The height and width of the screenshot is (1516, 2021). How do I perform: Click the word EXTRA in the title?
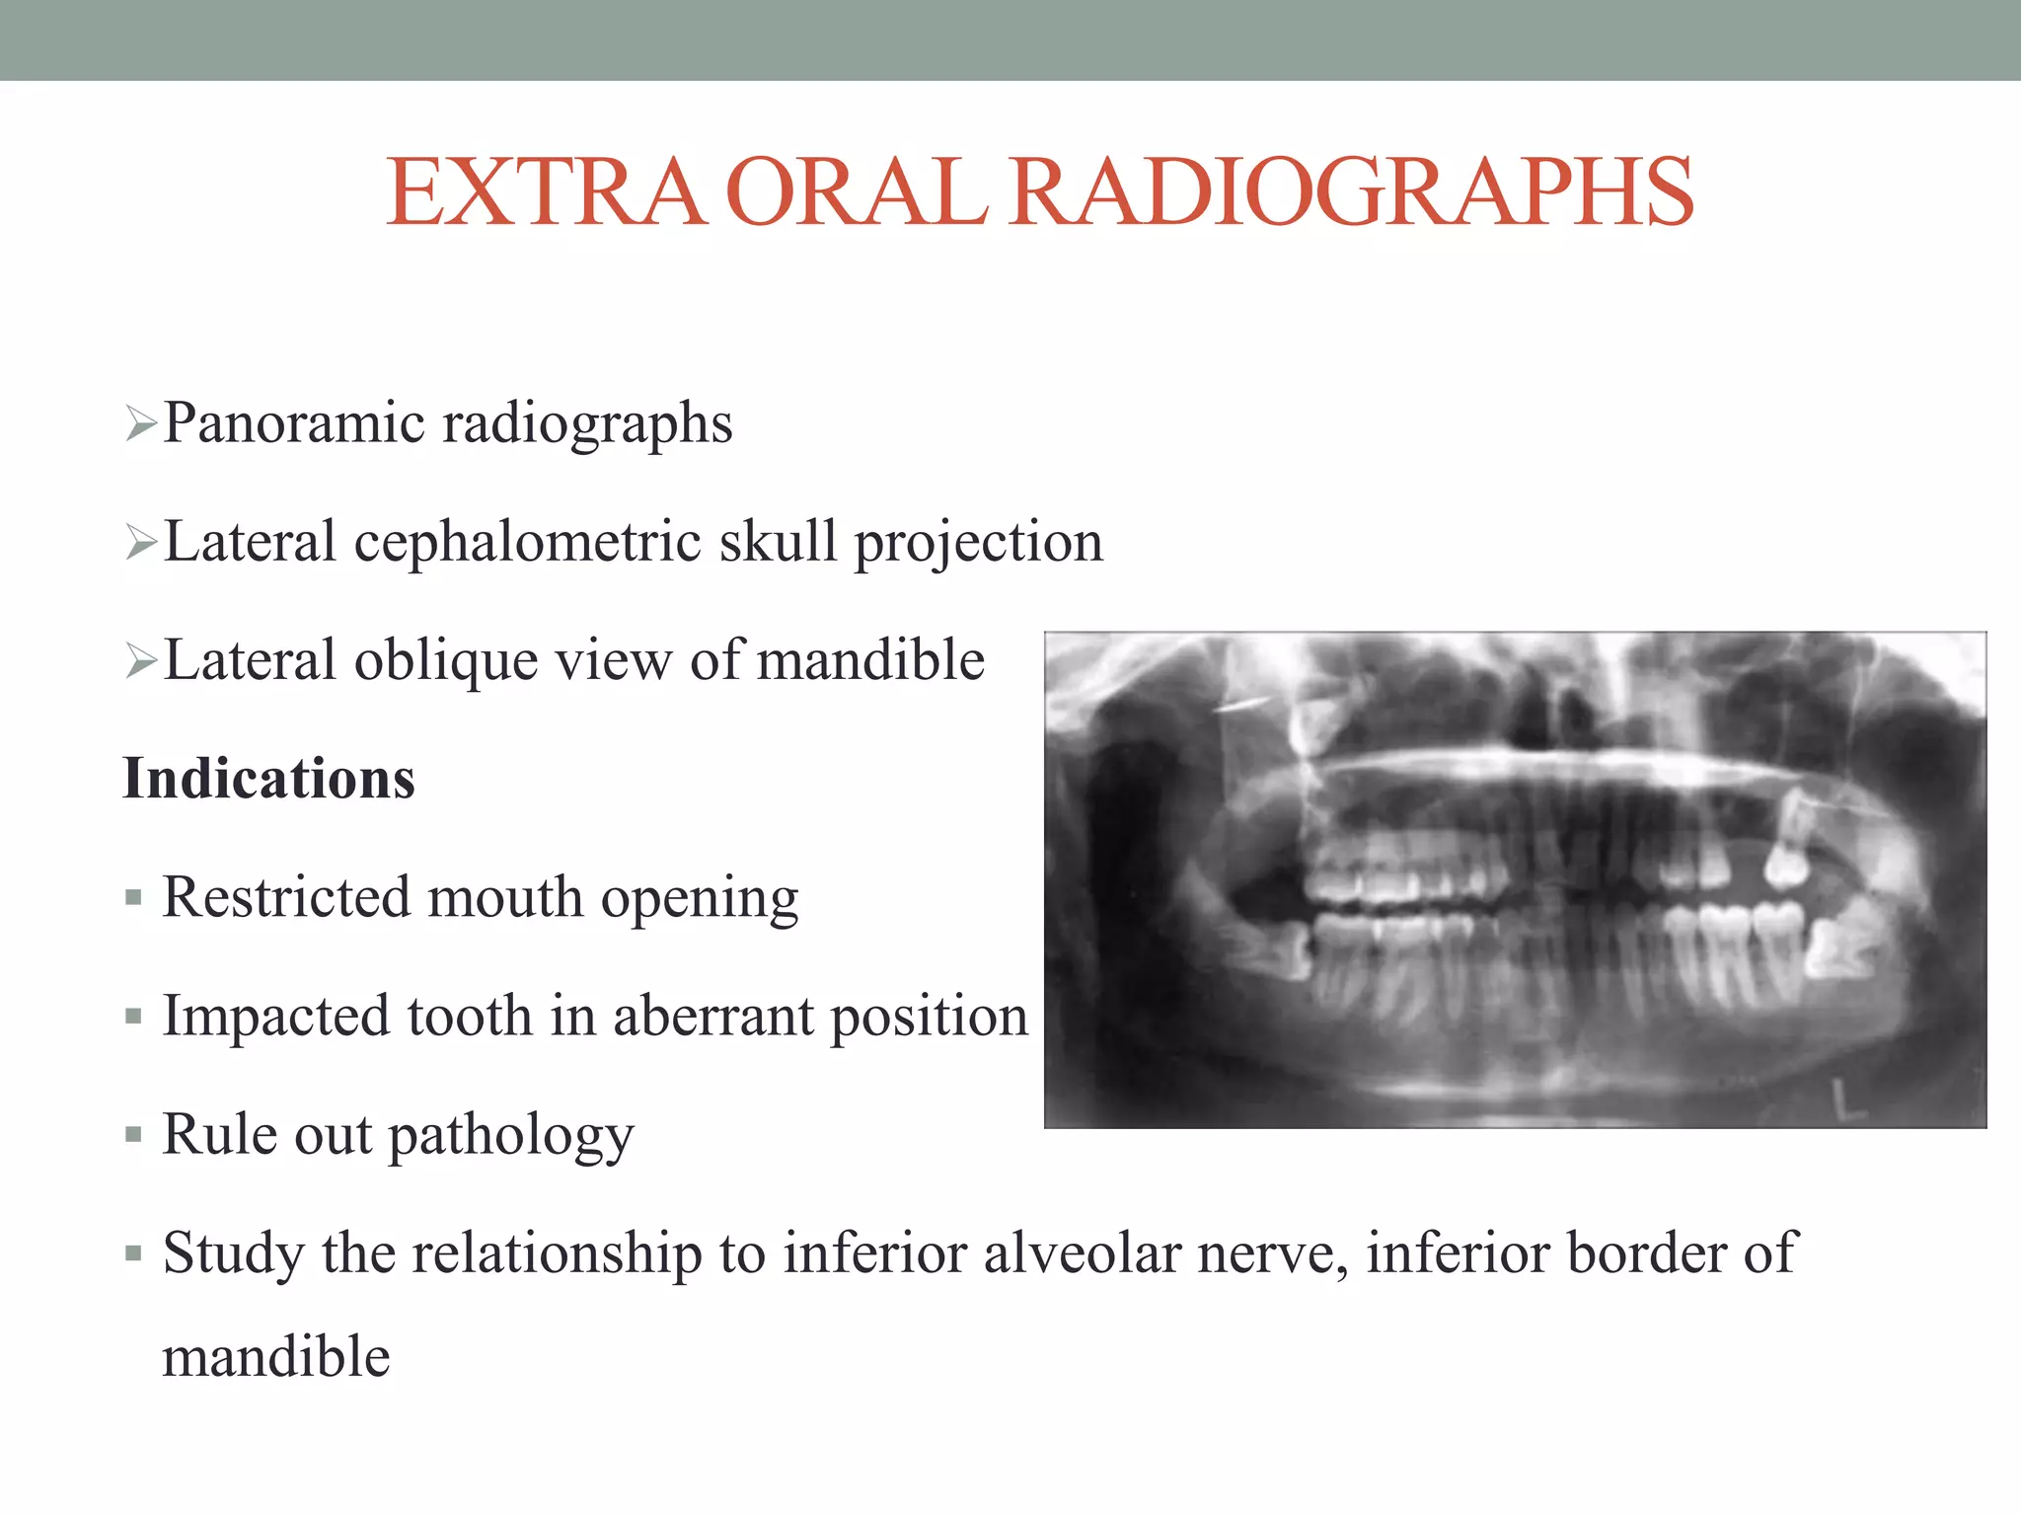pyautogui.click(x=546, y=192)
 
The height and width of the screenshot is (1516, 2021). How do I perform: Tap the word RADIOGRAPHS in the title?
pyautogui.click(x=1351, y=192)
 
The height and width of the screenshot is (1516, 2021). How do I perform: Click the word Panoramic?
pyautogui.click(x=293, y=423)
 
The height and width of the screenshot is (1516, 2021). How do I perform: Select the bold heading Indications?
pyautogui.click(x=268, y=779)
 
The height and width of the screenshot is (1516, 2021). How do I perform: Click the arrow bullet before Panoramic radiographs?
pyautogui.click(x=141, y=425)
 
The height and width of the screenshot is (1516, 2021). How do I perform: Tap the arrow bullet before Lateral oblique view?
pyautogui.click(x=141, y=662)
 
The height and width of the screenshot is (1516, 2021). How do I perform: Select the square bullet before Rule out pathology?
pyautogui.click(x=134, y=1135)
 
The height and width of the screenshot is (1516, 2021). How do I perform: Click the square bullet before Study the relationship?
pyautogui.click(x=134, y=1253)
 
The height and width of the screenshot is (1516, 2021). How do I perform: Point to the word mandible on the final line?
pyautogui.click(x=276, y=1357)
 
